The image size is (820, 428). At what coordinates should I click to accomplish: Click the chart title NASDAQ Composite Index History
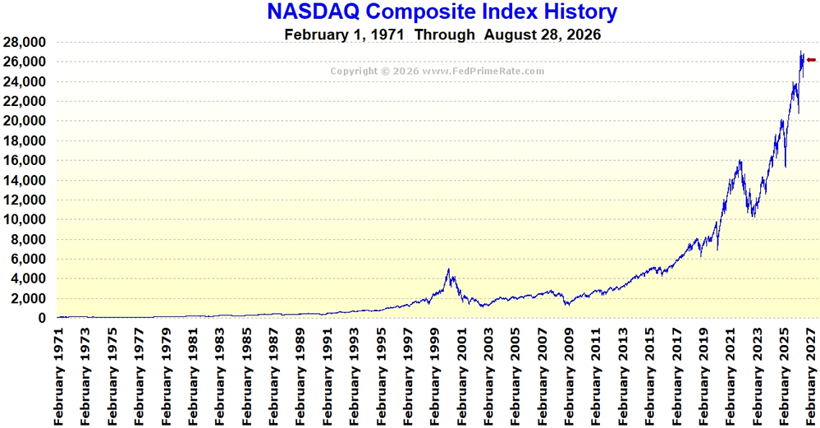(442, 12)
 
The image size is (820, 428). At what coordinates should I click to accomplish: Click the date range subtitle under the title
(442, 35)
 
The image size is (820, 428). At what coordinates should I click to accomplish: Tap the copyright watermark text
(437, 71)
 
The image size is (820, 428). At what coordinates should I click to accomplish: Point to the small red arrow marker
(811, 60)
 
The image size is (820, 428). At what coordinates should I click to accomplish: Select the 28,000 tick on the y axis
(24, 43)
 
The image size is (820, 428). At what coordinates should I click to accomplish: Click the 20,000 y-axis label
(24, 121)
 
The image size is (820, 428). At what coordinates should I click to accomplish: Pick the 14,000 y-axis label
(24, 181)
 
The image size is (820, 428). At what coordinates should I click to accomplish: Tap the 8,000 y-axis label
(28, 240)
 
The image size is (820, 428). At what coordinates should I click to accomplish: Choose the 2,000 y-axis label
(28, 299)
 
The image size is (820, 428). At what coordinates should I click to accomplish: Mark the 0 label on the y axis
(42, 318)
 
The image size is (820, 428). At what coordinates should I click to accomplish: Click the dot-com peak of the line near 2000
(448, 269)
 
